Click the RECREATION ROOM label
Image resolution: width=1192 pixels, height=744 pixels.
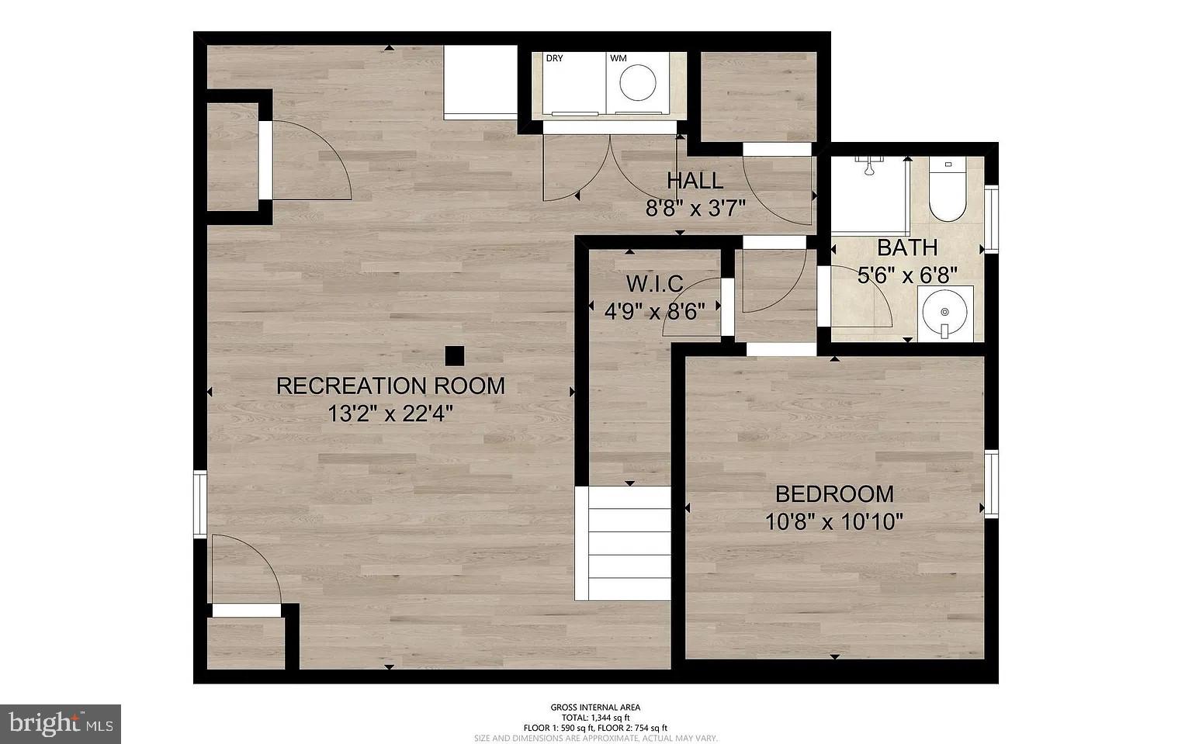(390, 386)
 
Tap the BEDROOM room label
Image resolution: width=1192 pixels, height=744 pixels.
(834, 493)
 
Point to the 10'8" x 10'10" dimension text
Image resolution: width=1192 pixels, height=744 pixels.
(834, 521)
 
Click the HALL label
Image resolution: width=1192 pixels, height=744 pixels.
(695, 181)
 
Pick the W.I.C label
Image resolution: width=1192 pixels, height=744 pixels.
(654, 283)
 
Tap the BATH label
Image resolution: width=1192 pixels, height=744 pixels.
(907, 248)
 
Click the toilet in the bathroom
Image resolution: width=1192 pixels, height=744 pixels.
(947, 192)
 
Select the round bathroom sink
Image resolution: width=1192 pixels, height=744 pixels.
(944, 313)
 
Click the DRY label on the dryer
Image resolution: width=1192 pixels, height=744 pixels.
(554, 58)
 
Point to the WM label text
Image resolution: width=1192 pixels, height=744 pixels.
(618, 58)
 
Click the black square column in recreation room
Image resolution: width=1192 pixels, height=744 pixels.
(454, 355)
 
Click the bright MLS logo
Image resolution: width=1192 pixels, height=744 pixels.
(61, 724)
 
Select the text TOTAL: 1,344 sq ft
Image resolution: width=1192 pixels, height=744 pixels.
(595, 718)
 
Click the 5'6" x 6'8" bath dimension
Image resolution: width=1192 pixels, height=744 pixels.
(907, 275)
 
